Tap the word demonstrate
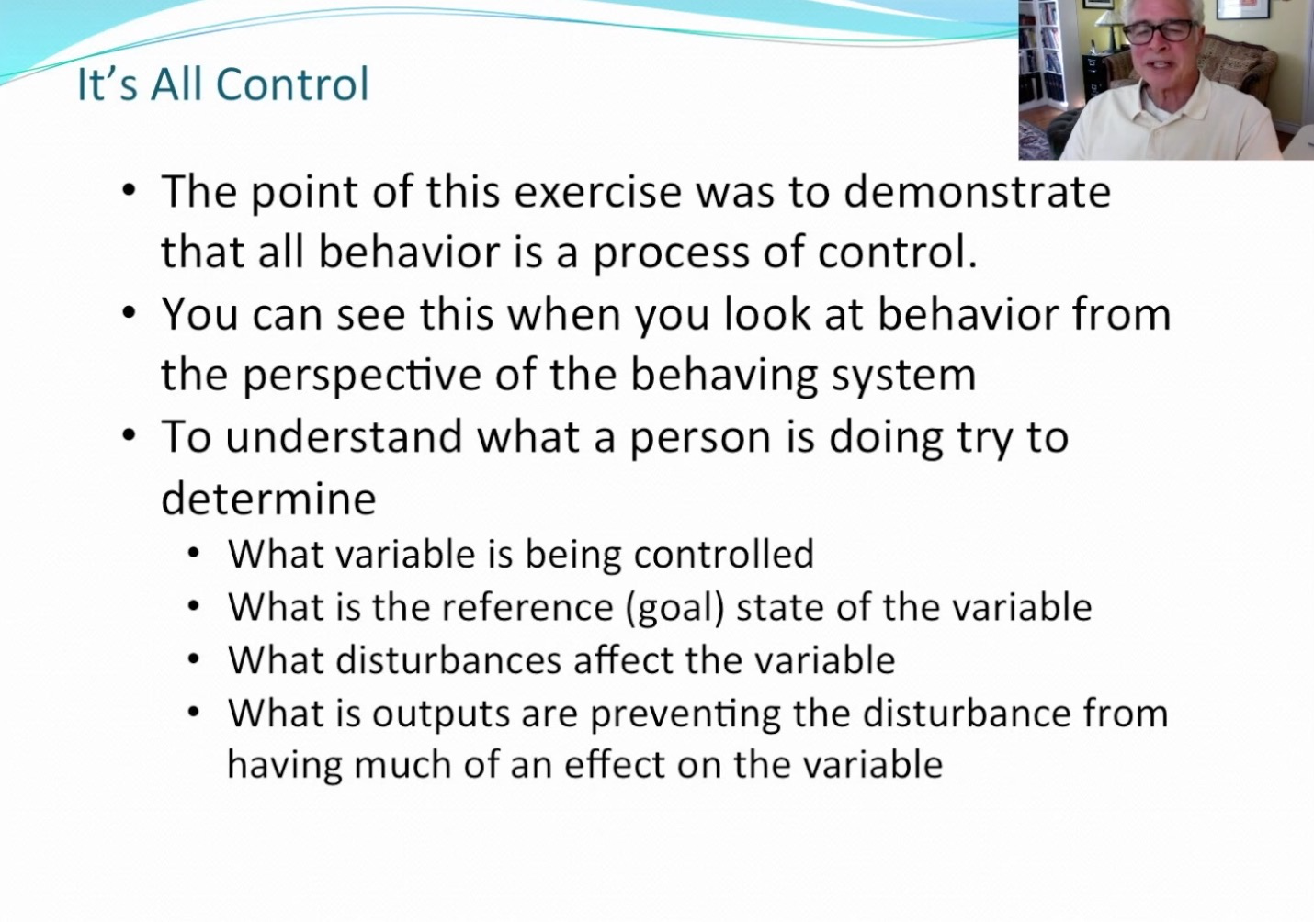(977, 192)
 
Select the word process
(671, 253)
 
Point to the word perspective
(362, 375)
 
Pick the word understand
(344, 437)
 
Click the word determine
(268, 500)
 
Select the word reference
(527, 607)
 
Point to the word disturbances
(448, 660)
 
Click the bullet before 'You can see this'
(129, 313)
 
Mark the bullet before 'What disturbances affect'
(194, 660)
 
